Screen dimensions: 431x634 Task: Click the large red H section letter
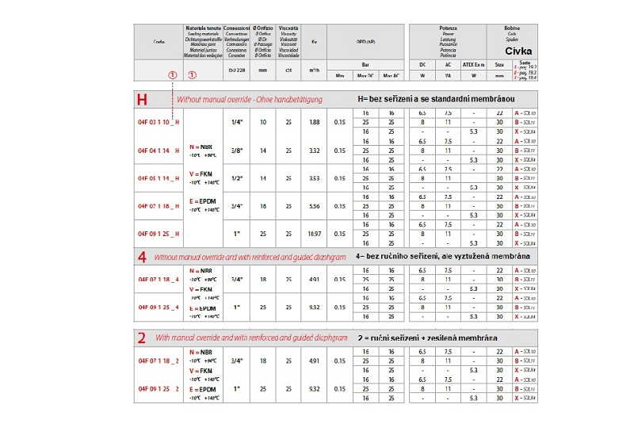point(143,100)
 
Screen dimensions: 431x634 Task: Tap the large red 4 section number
point(143,257)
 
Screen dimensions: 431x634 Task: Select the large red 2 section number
point(143,338)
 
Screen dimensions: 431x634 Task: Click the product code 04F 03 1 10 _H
point(158,122)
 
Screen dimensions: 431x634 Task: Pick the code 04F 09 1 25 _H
point(158,234)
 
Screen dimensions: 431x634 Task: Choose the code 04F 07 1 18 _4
point(158,279)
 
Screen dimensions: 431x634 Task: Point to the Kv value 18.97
point(315,234)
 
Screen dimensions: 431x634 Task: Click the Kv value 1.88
point(315,122)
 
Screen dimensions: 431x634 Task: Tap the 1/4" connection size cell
point(236,122)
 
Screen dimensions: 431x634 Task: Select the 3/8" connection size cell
point(236,150)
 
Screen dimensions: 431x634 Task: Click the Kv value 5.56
point(315,206)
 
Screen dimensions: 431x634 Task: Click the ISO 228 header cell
point(236,71)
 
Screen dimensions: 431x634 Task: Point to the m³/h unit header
point(315,71)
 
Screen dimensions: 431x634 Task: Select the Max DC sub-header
point(366,76)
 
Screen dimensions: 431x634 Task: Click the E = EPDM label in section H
point(203,201)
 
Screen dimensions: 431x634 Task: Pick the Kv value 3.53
point(315,178)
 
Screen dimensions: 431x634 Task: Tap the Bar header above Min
point(365,66)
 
